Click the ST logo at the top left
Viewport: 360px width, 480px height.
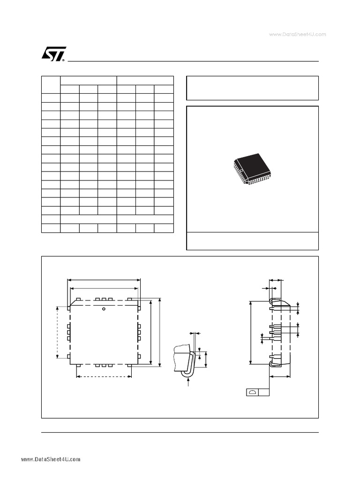click(x=53, y=54)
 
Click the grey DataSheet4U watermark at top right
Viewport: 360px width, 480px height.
click(x=298, y=34)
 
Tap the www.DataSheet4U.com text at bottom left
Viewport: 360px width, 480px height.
click(x=51, y=459)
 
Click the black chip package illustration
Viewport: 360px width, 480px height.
click(x=252, y=169)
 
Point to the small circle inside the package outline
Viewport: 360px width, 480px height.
click(x=104, y=309)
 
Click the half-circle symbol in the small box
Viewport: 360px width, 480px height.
click(x=253, y=392)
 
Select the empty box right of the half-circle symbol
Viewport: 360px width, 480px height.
click(x=264, y=392)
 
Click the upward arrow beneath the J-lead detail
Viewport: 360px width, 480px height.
click(x=188, y=382)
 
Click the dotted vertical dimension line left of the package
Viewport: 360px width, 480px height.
click(x=57, y=331)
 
